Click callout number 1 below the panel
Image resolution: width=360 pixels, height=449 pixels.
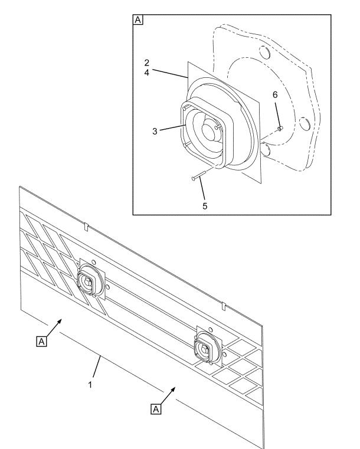pos(90,385)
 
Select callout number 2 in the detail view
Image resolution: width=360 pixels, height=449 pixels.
pos(146,63)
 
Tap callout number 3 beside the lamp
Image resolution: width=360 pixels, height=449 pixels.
pos(155,131)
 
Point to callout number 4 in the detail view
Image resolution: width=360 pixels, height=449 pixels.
pos(146,73)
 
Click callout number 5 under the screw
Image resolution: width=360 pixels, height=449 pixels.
pos(205,206)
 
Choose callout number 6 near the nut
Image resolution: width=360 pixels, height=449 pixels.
pos(275,95)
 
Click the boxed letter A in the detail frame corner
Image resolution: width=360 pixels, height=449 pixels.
pos(138,20)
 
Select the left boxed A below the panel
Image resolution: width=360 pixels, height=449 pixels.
pos(41,342)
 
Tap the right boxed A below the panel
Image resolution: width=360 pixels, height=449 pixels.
pos(156,409)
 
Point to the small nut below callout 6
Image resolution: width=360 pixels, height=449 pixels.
pos(280,129)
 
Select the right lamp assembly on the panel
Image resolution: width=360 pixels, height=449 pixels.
pos(207,347)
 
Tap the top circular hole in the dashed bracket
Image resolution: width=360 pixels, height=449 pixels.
pos(264,53)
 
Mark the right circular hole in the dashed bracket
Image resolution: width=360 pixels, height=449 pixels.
pos(305,124)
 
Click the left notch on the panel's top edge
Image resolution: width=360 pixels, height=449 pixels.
pos(86,227)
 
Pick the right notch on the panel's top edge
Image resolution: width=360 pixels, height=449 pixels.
pos(224,306)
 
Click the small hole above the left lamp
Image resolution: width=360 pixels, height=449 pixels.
pos(93,262)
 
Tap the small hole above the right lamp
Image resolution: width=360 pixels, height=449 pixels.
pos(211,330)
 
